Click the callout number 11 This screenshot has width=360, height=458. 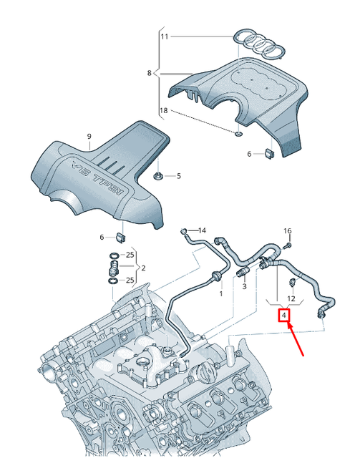click(x=165, y=35)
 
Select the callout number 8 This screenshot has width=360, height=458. click(x=150, y=73)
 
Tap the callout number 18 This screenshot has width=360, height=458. click(x=163, y=111)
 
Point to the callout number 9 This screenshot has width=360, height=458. click(x=89, y=137)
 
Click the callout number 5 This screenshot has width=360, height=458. click(x=178, y=176)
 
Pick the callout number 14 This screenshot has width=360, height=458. click(x=202, y=230)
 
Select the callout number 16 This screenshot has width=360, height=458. click(x=288, y=231)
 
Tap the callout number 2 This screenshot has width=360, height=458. click(x=144, y=268)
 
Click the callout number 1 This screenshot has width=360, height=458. click(x=221, y=294)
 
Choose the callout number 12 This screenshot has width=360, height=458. click(x=291, y=298)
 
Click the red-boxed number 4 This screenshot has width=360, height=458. click(x=284, y=315)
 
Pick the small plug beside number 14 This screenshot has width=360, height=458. click(x=185, y=231)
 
